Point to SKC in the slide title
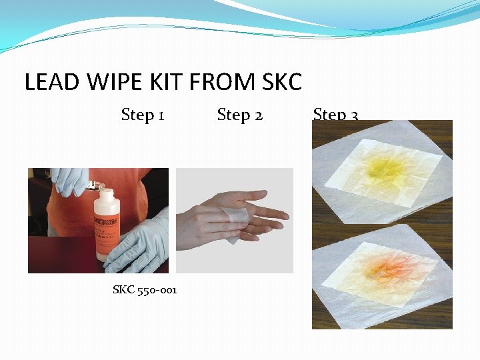pos(282,82)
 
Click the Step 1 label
pos(143,115)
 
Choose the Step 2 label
pos(240,115)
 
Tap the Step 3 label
pos(335,115)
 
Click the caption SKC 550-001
pos(145,289)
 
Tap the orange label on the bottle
pos(109,230)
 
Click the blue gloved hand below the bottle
pos(140,243)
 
